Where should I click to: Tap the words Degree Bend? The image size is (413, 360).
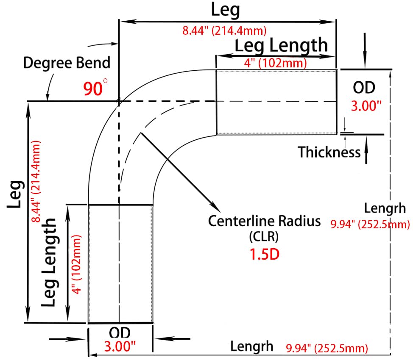coord(67,63)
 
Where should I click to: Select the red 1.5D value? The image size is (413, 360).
coord(264,254)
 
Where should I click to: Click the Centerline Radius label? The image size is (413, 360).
coord(264,221)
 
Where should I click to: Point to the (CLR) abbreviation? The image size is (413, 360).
coord(264,237)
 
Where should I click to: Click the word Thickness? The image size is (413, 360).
coord(329,152)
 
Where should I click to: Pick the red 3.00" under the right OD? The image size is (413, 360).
coord(366,106)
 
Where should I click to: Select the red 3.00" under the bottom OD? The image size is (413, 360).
coord(120,346)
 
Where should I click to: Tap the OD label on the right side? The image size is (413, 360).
coord(364,88)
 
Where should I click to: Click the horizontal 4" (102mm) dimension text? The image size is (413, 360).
coord(276,63)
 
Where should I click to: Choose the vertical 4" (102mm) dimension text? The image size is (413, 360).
coord(76,264)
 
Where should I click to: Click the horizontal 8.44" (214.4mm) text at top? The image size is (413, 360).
coord(224,30)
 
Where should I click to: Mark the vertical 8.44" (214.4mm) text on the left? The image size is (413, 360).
coord(36,182)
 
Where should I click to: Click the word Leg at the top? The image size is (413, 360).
coord(226,10)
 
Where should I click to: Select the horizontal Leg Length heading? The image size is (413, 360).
coord(281,45)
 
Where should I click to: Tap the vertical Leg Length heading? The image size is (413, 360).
coord(49,262)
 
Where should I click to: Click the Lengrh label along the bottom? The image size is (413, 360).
coord(252,346)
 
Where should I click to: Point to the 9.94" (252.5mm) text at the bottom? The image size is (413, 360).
coord(327,348)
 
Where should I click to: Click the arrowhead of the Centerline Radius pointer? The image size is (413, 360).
coord(217,208)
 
